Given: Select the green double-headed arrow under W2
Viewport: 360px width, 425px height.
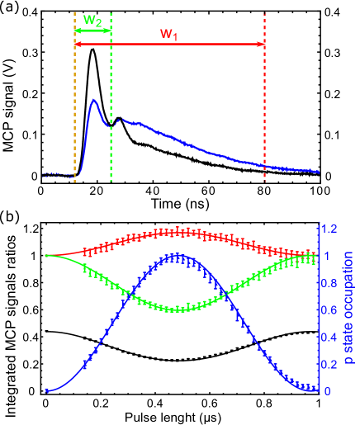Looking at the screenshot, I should pos(92,31).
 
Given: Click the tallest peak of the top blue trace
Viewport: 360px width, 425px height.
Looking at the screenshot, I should pos(94,100).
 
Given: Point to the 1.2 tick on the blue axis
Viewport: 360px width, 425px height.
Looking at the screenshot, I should pos(330,229).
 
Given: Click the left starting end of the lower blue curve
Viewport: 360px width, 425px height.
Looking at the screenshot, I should pos(46,390).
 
